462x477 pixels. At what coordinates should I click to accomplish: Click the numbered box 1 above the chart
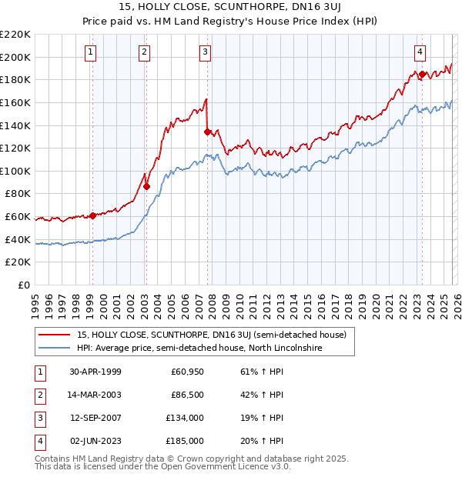(x=91, y=52)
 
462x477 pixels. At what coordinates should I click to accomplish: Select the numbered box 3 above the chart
(x=206, y=52)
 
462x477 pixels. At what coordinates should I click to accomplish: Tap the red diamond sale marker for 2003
(x=146, y=186)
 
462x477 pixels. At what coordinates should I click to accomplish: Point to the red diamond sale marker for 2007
(x=207, y=132)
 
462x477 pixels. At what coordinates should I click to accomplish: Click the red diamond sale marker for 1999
(x=93, y=215)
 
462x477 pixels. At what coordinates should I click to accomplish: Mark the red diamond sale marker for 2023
(x=422, y=74)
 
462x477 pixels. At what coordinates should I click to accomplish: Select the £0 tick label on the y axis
(x=23, y=285)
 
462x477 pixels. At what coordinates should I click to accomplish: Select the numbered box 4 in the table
(x=38, y=441)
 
